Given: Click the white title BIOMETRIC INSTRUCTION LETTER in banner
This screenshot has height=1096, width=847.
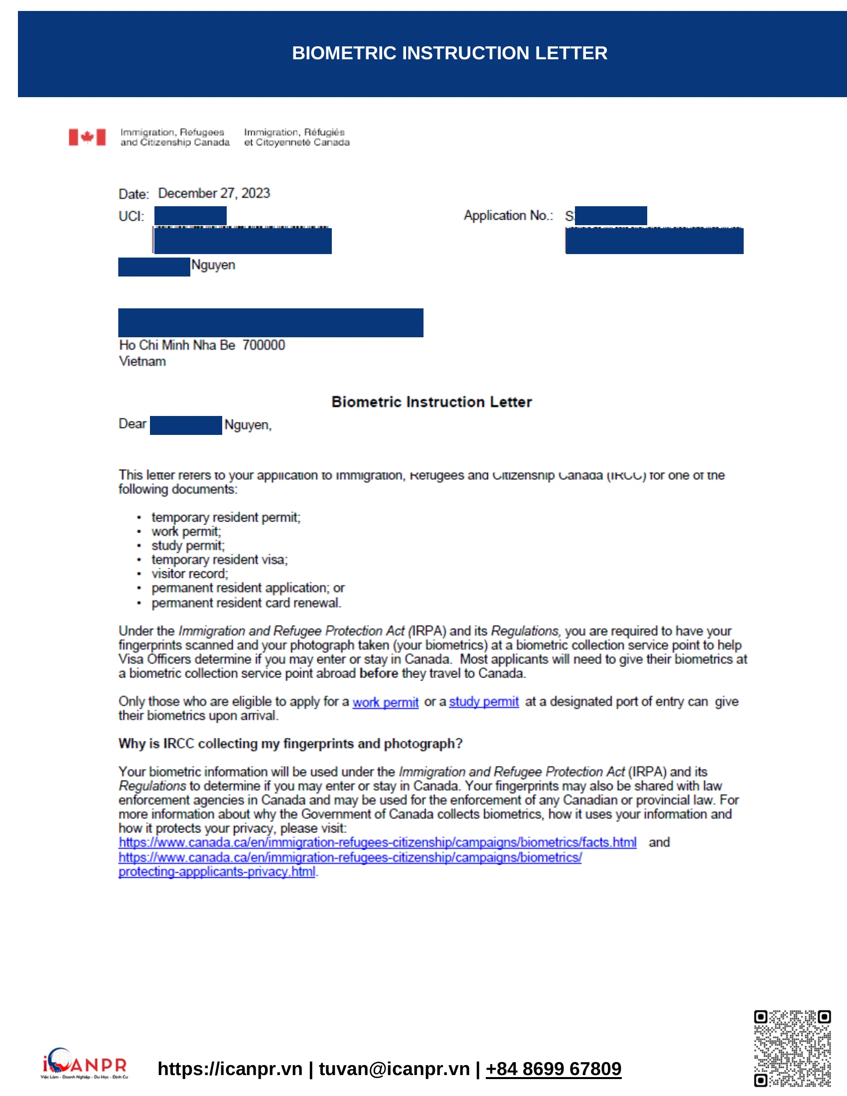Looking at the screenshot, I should pos(449,53).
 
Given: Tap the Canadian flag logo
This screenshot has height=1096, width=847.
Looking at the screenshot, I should pos(87,137).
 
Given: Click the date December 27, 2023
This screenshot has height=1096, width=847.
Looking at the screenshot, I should pos(214,193).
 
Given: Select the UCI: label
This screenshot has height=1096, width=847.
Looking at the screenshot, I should pos(132,216).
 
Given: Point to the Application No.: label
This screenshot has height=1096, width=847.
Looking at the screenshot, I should pos(508,215).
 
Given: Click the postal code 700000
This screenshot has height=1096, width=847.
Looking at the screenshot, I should pos(264,345).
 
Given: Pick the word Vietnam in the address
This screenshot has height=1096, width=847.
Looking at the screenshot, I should pos(142,361).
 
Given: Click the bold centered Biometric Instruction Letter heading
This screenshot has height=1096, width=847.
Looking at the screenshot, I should pos(431,402).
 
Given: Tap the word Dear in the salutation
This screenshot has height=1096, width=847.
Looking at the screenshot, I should pos(133,424).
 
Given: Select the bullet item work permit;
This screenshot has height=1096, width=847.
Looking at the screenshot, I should pos(186,532).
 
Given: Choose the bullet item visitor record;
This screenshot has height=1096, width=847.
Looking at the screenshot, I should pos(190,573).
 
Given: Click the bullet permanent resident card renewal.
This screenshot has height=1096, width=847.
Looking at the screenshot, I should pos(246,603).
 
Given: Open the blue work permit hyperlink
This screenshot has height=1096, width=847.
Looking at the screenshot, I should pos(385,702).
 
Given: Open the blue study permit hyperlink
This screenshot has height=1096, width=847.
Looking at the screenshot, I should pos(484,701).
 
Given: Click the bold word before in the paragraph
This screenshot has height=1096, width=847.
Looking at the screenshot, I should pos(379,674).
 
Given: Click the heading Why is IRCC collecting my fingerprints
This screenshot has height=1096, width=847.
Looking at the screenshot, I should pos(290,744).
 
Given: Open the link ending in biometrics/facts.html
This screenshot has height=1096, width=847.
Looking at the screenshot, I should pos(377,842).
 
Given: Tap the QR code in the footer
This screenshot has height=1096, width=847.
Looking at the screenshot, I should pos(792,1048).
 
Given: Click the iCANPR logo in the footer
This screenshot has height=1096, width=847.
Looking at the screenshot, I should pos(85,1064).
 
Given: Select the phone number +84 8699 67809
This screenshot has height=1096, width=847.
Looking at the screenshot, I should pos(554,1069).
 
